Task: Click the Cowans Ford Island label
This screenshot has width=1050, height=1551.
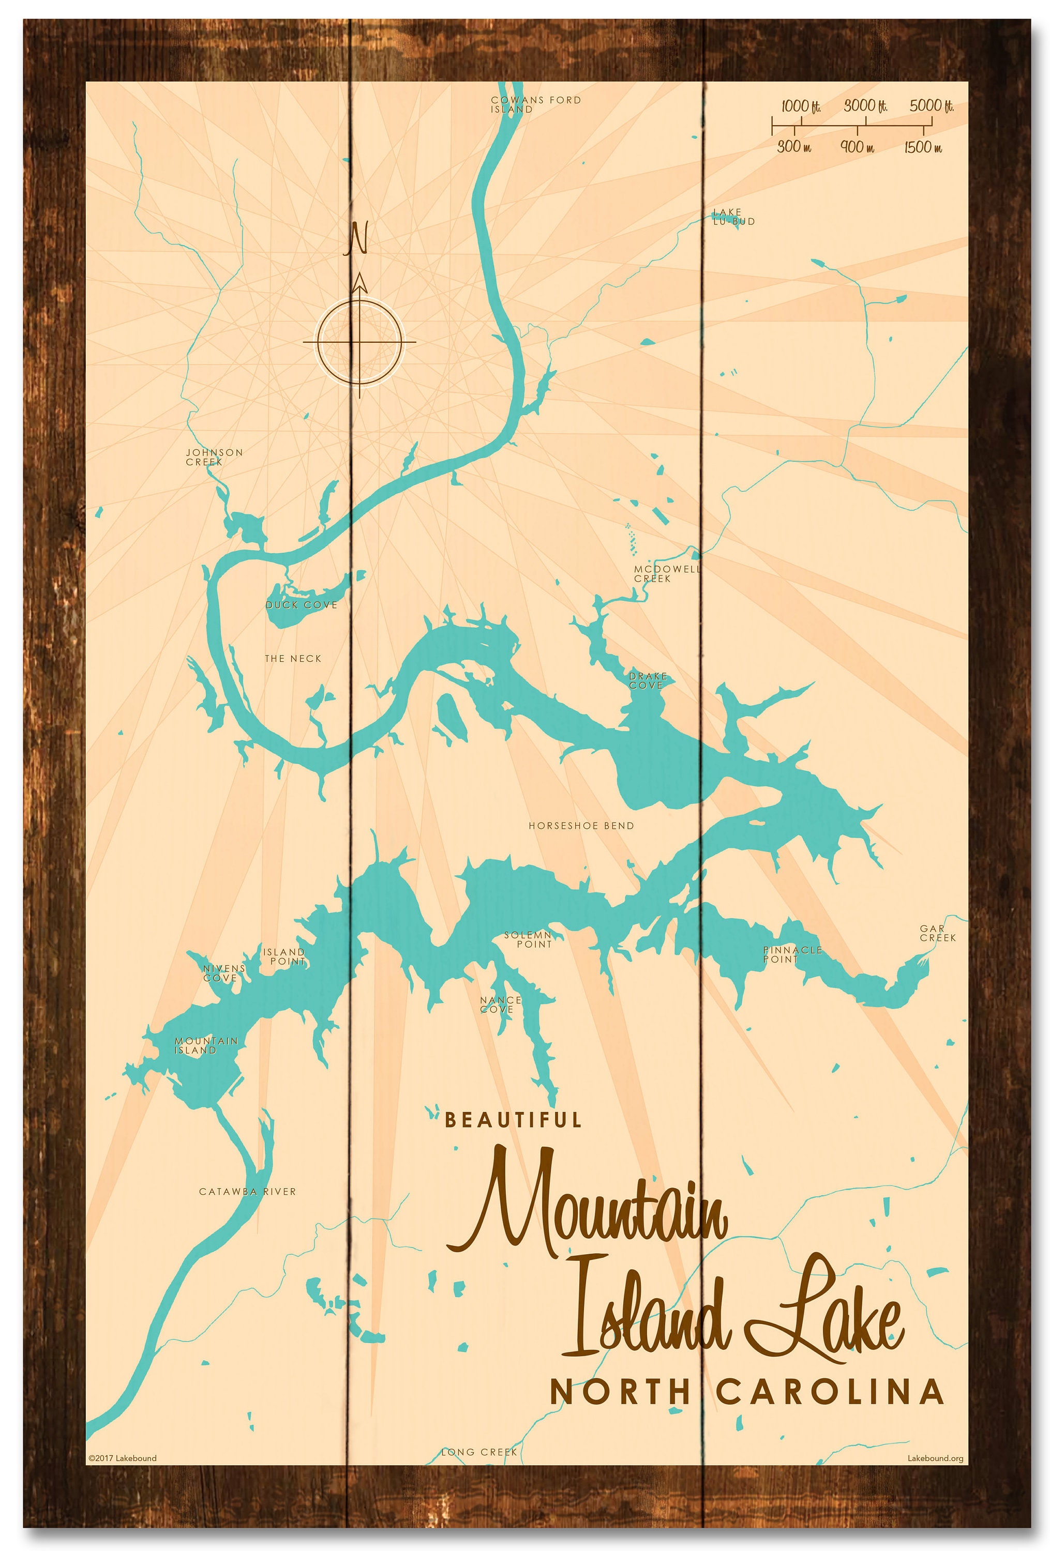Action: [x=535, y=104]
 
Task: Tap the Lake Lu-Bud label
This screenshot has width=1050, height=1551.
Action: [x=732, y=217]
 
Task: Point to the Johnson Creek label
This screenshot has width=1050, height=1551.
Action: [x=214, y=457]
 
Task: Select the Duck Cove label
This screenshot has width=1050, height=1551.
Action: [x=301, y=605]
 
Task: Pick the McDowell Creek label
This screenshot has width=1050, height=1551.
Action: [x=666, y=573]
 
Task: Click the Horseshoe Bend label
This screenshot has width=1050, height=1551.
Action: [x=581, y=826]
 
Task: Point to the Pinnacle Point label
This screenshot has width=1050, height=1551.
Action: [x=792, y=954]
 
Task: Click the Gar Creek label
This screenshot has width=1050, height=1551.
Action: [x=937, y=933]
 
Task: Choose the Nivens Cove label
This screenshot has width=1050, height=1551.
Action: [x=223, y=972]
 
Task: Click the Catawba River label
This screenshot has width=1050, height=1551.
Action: [x=247, y=1191]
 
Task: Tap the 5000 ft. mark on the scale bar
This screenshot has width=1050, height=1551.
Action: [x=931, y=106]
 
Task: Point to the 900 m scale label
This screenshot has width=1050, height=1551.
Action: [x=857, y=147]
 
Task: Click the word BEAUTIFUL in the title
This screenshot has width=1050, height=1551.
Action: [x=513, y=1119]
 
